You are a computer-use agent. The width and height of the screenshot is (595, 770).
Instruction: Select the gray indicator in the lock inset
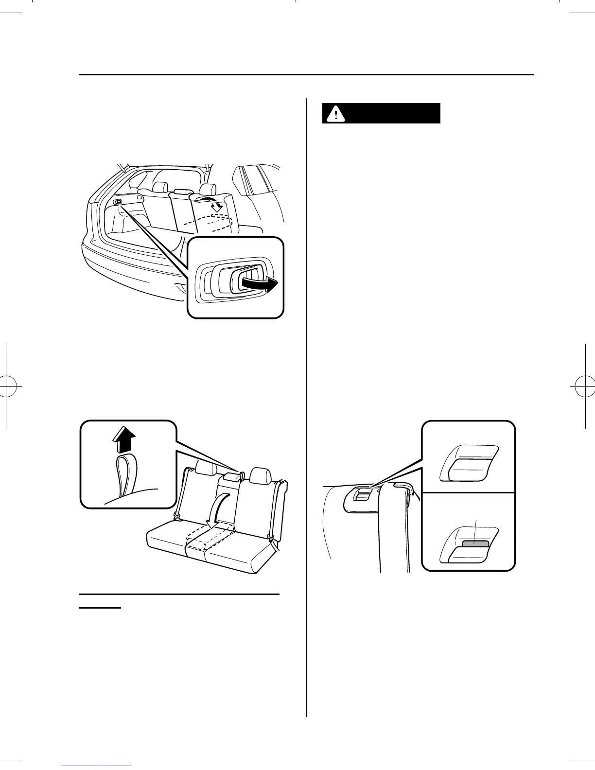(474, 543)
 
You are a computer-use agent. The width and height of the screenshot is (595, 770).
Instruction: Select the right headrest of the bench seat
(261, 474)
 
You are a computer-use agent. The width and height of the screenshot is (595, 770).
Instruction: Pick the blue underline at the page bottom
(97, 766)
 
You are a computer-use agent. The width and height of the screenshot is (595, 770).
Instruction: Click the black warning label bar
(381, 113)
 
